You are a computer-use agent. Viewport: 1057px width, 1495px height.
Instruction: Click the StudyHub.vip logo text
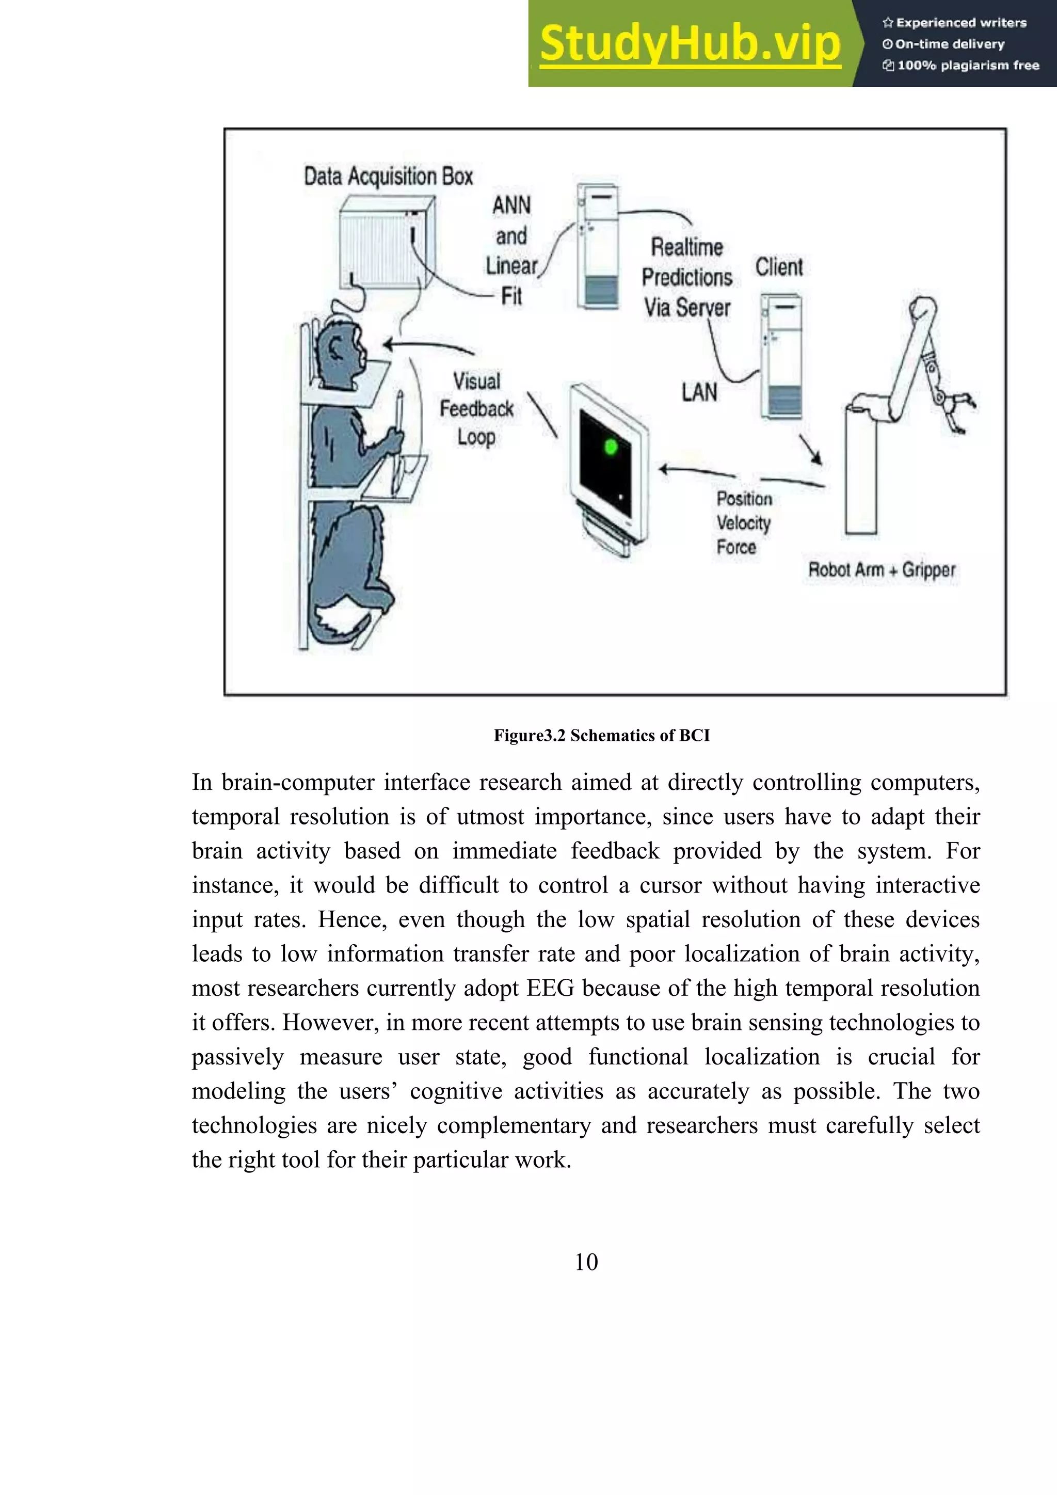point(690,44)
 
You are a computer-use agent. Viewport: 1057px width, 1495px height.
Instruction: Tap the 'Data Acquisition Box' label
point(388,177)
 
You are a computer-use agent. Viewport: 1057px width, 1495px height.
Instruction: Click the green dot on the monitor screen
point(611,447)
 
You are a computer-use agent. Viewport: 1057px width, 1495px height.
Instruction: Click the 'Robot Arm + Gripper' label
point(882,570)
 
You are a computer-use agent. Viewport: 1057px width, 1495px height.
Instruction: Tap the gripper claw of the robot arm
point(959,410)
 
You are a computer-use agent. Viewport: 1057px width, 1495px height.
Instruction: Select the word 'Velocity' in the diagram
point(743,523)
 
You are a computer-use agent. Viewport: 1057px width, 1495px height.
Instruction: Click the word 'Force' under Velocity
point(736,547)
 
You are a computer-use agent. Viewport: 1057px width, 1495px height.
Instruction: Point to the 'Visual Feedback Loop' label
point(476,409)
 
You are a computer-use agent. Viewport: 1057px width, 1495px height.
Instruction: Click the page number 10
point(586,1262)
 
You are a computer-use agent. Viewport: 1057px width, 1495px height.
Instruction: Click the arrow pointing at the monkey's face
point(426,346)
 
